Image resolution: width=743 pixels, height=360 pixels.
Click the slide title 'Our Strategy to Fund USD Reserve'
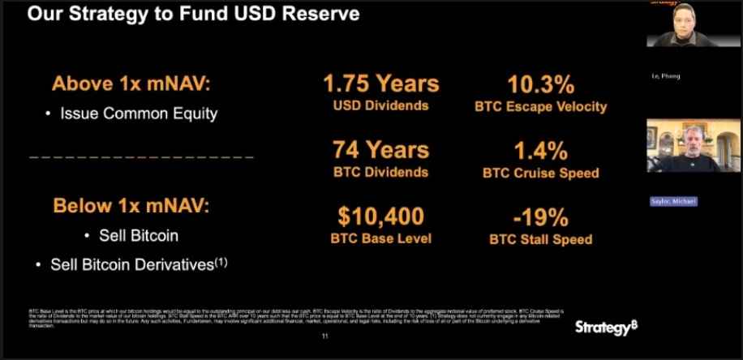click(x=194, y=15)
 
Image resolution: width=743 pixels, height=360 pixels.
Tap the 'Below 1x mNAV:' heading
click(x=131, y=205)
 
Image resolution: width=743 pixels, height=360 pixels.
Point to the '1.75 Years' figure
click(x=380, y=84)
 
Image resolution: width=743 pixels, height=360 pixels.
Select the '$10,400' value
click(x=380, y=216)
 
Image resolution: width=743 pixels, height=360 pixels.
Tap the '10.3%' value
click(x=540, y=84)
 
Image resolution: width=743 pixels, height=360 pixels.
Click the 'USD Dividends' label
click(x=380, y=105)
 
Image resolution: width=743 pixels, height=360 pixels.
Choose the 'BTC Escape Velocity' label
click(x=540, y=106)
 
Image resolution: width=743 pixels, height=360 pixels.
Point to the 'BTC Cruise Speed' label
click(x=540, y=172)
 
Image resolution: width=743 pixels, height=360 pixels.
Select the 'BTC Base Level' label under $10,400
click(x=380, y=238)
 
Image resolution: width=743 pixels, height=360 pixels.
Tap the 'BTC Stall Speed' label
click(x=540, y=239)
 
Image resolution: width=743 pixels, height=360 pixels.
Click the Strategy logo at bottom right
click(x=603, y=328)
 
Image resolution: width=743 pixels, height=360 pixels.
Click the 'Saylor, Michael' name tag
click(x=672, y=201)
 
